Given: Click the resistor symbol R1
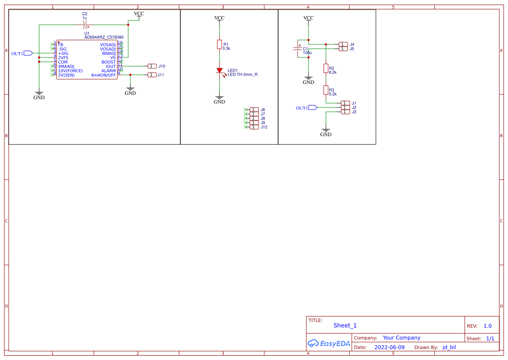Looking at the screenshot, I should pyautogui.click(x=219, y=44).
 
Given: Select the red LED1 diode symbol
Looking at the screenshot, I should pyautogui.click(x=219, y=70).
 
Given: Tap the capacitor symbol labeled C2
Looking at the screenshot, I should pyautogui.click(x=85, y=25).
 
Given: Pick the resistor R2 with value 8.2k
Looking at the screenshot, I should pyautogui.click(x=325, y=68).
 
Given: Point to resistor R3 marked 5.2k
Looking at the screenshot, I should pyautogui.click(x=325, y=90).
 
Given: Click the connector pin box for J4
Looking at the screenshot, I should pyautogui.click(x=343, y=44).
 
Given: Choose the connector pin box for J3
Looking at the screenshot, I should pyautogui.click(x=345, y=112).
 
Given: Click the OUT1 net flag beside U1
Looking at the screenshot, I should pyautogui.click(x=27, y=53).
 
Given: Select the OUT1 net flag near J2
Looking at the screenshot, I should pyautogui.click(x=312, y=107).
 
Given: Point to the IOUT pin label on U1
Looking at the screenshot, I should pyautogui.click(x=111, y=67).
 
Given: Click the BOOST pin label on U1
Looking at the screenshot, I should pyautogui.click(x=109, y=62).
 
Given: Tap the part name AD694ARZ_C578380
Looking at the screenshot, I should pyautogui.click(x=104, y=37).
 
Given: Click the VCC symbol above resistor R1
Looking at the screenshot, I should pyautogui.click(x=219, y=18).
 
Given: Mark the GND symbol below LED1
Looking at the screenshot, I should pyautogui.click(x=219, y=100).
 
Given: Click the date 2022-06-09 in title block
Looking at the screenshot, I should pyautogui.click(x=389, y=347).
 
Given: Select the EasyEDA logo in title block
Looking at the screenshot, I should pyautogui.click(x=329, y=343).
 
